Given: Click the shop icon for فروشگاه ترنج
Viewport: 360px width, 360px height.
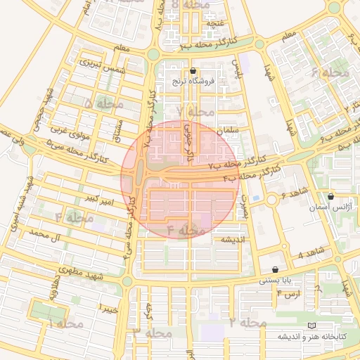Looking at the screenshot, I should (194, 70).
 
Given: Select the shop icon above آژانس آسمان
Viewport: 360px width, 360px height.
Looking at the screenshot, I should (330, 196).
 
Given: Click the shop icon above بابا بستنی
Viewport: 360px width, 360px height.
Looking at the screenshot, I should (274, 269).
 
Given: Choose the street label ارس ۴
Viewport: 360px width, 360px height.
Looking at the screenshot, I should (289, 293).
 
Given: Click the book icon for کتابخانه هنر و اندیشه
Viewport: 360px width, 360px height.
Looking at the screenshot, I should (311, 326).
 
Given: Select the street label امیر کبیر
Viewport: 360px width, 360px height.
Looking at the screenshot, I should (98, 200).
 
